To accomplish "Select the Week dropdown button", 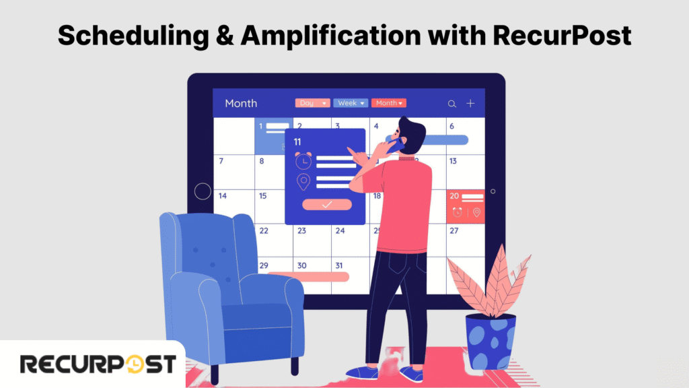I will click(351, 103).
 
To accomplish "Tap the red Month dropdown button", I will click(389, 103).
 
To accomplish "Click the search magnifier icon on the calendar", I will click(452, 104).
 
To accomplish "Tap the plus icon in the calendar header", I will click(470, 103).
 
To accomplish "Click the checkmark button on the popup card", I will click(326, 204).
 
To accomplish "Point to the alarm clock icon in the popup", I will click(303, 161).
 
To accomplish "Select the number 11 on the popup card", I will click(297, 141).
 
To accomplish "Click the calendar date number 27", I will click(454, 230).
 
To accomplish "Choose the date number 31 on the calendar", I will click(338, 265).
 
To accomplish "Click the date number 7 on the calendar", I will click(221, 161).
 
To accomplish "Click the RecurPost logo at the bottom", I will click(98, 364).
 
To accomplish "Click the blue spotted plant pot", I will click(491, 341).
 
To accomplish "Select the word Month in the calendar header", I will click(241, 103).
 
